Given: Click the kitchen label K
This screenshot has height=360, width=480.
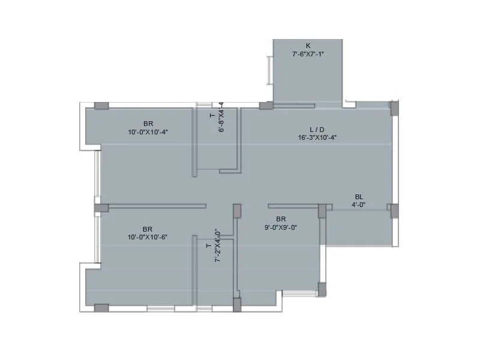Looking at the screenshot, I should pos(308,46).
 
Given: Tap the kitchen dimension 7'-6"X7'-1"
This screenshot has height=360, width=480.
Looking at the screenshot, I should pos(308,53).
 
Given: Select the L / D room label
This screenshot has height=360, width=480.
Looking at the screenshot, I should pos(317,129).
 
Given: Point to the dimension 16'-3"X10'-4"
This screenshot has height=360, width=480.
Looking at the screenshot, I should pos(317,137).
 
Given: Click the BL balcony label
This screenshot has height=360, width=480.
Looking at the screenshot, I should pos(359,197).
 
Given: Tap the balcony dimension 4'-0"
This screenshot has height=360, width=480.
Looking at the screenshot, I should pos(359,205).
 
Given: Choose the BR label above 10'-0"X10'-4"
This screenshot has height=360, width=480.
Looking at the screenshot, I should pos(148,124).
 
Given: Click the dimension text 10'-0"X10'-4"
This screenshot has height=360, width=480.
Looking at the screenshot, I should pos(148,132).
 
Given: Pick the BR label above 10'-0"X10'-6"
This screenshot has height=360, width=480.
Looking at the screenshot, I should pos(148,229).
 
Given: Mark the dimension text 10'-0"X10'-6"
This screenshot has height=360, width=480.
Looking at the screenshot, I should pos(148,237).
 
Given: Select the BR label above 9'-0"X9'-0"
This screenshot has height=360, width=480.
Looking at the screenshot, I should pos(281,219).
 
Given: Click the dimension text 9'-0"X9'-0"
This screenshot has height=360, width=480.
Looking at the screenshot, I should pos(281,227).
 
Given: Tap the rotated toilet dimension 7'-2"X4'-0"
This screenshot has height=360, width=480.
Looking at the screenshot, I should pos(218,245).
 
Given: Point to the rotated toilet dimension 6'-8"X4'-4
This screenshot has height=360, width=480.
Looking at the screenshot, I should pos(221,116).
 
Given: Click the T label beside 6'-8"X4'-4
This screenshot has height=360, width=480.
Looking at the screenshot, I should pos(211,115).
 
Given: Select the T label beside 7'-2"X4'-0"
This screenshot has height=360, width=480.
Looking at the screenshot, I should pos(208,245).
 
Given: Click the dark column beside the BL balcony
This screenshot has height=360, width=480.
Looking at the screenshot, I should pos(394,211).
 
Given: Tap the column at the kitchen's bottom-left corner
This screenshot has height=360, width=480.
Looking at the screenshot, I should pos(266,106).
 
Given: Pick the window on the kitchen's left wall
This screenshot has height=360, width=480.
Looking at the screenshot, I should pos(269,71).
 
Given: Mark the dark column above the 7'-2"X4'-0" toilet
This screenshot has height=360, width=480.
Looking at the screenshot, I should pos(237,211).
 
